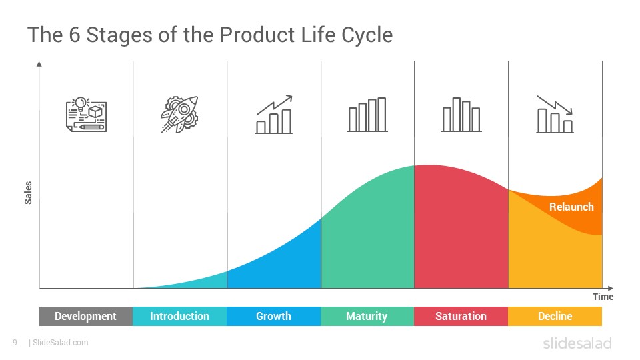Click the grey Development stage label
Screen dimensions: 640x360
86,316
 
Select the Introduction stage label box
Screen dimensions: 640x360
179,316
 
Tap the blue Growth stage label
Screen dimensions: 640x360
273,316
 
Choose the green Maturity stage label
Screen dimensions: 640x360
367,316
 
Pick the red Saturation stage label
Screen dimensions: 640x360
461,316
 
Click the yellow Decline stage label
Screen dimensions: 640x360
555,316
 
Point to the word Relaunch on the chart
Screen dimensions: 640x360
571,207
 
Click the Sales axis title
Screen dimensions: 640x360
28,193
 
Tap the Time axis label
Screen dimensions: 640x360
603,297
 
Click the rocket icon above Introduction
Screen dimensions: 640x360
179,114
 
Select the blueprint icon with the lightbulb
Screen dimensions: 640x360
86,114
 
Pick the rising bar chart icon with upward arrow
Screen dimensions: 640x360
274,114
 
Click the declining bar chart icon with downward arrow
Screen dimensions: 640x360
555,114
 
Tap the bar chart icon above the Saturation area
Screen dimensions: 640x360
461,114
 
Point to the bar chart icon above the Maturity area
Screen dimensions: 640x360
367,114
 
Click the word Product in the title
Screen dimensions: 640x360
257,35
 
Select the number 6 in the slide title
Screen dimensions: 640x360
74,35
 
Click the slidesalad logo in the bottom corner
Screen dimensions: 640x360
577,343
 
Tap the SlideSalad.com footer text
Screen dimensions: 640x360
61,343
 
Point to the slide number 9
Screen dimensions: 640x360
15,343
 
